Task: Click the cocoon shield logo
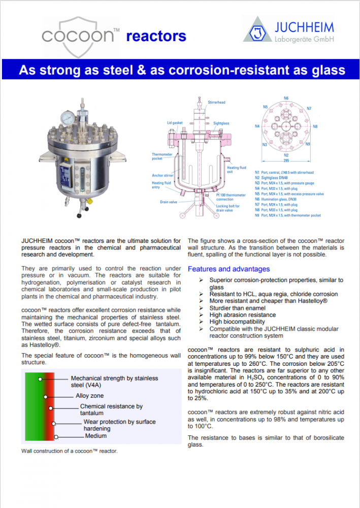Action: point(80,36)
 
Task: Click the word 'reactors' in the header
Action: point(156,36)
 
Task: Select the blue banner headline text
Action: point(182,70)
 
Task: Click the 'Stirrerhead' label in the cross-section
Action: point(217,102)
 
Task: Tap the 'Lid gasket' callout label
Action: point(175,123)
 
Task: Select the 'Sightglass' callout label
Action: point(221,123)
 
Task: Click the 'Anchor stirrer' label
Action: point(162,175)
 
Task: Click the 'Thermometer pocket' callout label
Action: point(162,156)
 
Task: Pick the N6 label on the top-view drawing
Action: point(286,98)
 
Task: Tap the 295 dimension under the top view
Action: point(286,160)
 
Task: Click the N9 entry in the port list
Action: point(288,215)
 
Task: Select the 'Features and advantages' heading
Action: point(228,269)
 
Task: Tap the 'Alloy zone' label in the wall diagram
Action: point(90,395)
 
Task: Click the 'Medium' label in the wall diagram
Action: point(96,436)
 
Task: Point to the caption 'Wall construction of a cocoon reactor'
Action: point(70,451)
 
